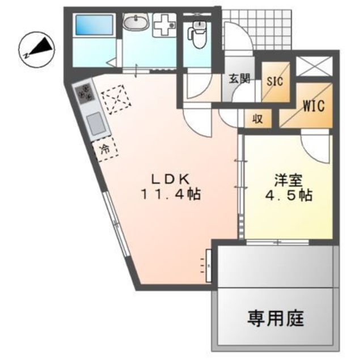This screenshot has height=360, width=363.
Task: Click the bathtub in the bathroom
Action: point(94,26)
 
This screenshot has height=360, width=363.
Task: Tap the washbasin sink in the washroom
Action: point(136,22)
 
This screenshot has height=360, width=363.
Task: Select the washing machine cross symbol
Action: point(164,25)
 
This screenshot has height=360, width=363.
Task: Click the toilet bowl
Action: point(197,35)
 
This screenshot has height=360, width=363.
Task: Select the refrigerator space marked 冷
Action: point(105,150)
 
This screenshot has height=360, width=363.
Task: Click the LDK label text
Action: point(171,179)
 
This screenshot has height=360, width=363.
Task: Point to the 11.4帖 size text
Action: point(171,194)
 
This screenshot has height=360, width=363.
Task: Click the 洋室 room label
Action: point(289,181)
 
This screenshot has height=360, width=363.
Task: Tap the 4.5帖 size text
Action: point(289,196)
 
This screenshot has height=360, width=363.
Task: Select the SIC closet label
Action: point(275,81)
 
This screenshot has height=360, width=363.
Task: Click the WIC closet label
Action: point(314,106)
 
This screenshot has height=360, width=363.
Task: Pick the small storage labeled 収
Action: point(258,119)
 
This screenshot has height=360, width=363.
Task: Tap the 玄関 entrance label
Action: point(239,79)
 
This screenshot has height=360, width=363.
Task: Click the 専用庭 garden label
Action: point(276,319)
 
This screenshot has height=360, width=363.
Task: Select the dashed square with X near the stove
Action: point(116,99)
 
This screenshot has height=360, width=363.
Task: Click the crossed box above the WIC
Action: point(314,66)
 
